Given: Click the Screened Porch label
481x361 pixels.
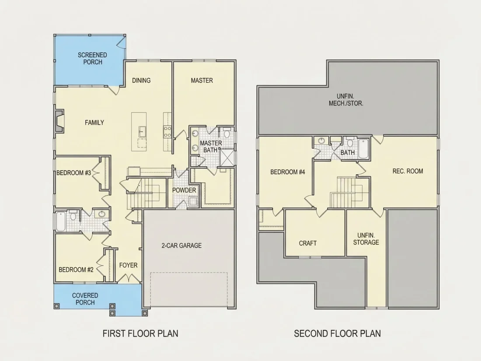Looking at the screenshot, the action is pyautogui.click(x=92, y=58).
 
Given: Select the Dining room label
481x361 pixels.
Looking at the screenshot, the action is pyautogui.click(x=141, y=81).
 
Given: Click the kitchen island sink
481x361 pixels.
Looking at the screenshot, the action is pyautogui.click(x=142, y=131).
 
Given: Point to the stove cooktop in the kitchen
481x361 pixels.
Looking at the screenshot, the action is pyautogui.click(x=167, y=132).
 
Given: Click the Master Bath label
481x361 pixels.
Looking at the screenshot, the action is pyautogui.click(x=211, y=147).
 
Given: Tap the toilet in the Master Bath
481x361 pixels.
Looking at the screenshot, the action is pyautogui.click(x=227, y=133).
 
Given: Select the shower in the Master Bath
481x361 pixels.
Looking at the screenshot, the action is pyautogui.click(x=227, y=158).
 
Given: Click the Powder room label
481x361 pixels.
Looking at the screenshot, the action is pyautogui.click(x=184, y=190).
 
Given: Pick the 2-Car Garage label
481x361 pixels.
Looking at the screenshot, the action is pyautogui.click(x=181, y=245).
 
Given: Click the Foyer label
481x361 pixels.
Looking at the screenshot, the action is pyautogui.click(x=128, y=265).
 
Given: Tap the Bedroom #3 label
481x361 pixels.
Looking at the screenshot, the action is pyautogui.click(x=73, y=173).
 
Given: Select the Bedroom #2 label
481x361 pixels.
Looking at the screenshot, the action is pyautogui.click(x=76, y=270).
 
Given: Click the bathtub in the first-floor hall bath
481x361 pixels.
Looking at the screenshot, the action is pyautogui.click(x=60, y=221).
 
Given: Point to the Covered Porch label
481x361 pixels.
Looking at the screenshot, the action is pyautogui.click(x=85, y=299).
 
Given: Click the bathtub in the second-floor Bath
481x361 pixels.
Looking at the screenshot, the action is pyautogui.click(x=363, y=149).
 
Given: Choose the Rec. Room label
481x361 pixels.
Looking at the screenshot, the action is pyautogui.click(x=408, y=171).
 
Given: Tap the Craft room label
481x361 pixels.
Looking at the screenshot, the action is pyautogui.click(x=308, y=243).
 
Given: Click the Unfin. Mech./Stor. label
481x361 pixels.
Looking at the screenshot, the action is pyautogui.click(x=346, y=100).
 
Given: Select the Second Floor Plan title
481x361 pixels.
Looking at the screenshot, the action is pyautogui.click(x=338, y=333).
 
